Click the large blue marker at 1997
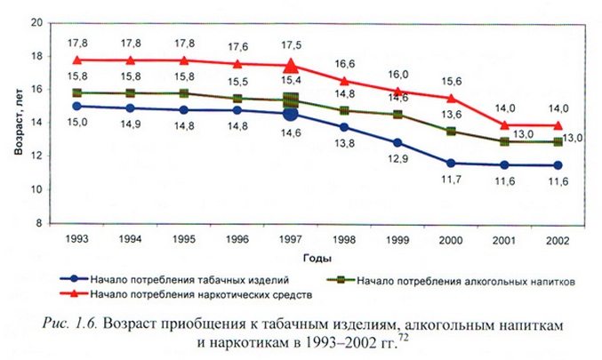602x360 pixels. pos(290,115)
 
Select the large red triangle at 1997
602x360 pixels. pos(290,66)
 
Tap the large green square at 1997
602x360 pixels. pos(290,100)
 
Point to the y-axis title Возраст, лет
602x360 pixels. pos(18,124)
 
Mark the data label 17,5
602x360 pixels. pos(292,43)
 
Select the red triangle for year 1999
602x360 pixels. pos(399,91)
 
